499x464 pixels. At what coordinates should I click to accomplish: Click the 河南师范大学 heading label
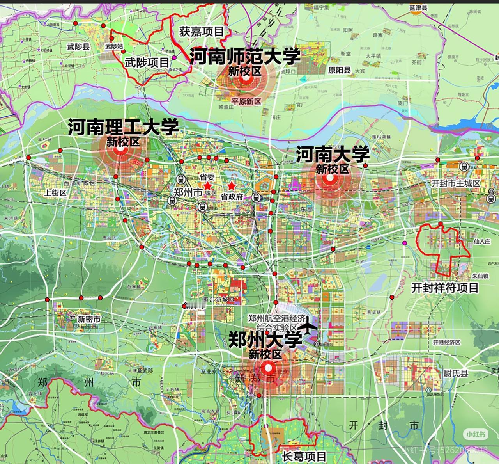tap(245, 56)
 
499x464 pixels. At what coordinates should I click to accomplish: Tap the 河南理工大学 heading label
tap(124, 127)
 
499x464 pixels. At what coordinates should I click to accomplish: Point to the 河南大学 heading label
tap(333, 155)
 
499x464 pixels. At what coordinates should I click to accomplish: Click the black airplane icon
tap(309, 325)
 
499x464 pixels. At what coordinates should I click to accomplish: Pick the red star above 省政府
tap(232, 185)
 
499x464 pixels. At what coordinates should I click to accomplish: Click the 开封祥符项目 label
tap(445, 288)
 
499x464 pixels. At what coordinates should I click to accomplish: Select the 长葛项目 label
tap(304, 456)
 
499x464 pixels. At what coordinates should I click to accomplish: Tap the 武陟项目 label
tap(147, 62)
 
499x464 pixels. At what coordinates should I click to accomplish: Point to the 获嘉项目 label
tap(201, 32)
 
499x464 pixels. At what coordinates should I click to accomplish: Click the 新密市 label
tap(89, 320)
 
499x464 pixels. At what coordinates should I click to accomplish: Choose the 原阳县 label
tap(339, 71)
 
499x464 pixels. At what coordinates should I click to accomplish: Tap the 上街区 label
tap(55, 192)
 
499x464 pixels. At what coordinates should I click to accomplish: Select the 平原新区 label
tap(246, 101)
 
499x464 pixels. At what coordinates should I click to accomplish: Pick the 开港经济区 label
tap(446, 342)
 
